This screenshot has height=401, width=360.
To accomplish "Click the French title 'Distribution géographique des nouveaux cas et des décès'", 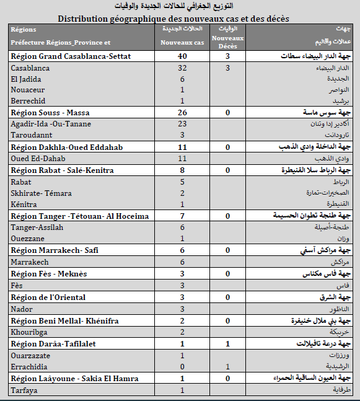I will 173,19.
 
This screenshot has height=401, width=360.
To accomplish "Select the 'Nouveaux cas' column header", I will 182,42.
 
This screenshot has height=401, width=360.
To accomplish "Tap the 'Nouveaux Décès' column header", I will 227,42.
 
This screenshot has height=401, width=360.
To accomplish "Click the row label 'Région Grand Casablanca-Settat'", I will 71,56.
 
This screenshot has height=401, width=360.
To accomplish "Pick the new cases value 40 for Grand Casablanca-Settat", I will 182,56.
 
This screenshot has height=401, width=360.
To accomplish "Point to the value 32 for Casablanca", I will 182,68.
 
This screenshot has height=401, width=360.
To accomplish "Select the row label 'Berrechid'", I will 29,101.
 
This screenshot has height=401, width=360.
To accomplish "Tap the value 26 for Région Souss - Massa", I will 182,113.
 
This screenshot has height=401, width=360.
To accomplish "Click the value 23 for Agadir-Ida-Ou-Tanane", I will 182,124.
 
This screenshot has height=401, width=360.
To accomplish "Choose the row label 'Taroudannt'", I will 32,135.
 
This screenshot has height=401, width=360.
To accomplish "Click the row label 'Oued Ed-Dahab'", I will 37,159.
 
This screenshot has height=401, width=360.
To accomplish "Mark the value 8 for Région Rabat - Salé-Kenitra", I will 182,170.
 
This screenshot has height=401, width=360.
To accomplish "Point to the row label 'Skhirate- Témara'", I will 41,193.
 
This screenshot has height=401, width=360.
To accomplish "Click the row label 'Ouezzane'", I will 29,239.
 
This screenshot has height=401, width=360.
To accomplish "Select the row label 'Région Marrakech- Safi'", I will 55,250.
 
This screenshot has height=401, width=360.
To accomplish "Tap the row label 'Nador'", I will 22,309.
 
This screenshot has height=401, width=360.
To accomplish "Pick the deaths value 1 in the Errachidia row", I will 228,367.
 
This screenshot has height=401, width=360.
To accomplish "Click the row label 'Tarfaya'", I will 24,390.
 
